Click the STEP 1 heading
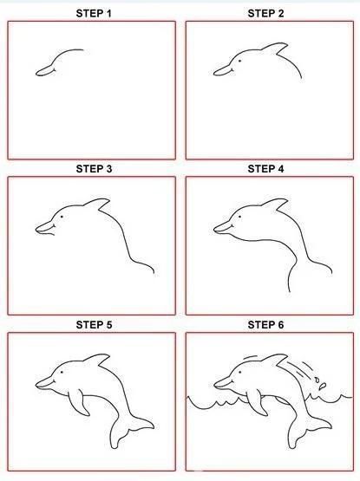pyautogui.click(x=94, y=14)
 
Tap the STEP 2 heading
pyautogui.click(x=265, y=14)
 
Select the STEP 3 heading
pyautogui.click(x=94, y=169)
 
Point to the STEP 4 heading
pyautogui.click(x=265, y=169)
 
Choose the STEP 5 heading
pyautogui.click(x=94, y=324)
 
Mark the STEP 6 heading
pyautogui.click(x=265, y=324)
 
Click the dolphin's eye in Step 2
pyautogui.click(x=239, y=61)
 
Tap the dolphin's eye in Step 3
pyautogui.click(x=62, y=217)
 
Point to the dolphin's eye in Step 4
pyautogui.click(x=239, y=217)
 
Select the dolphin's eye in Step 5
pyautogui.click(x=62, y=372)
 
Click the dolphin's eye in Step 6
pyautogui.click(x=239, y=372)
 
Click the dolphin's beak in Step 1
pyautogui.click(x=45, y=71)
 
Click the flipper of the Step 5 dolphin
pyautogui.click(x=78, y=402)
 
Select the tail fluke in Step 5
pyautogui.click(x=130, y=430)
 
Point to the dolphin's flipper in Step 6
pyautogui.click(x=257, y=402)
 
